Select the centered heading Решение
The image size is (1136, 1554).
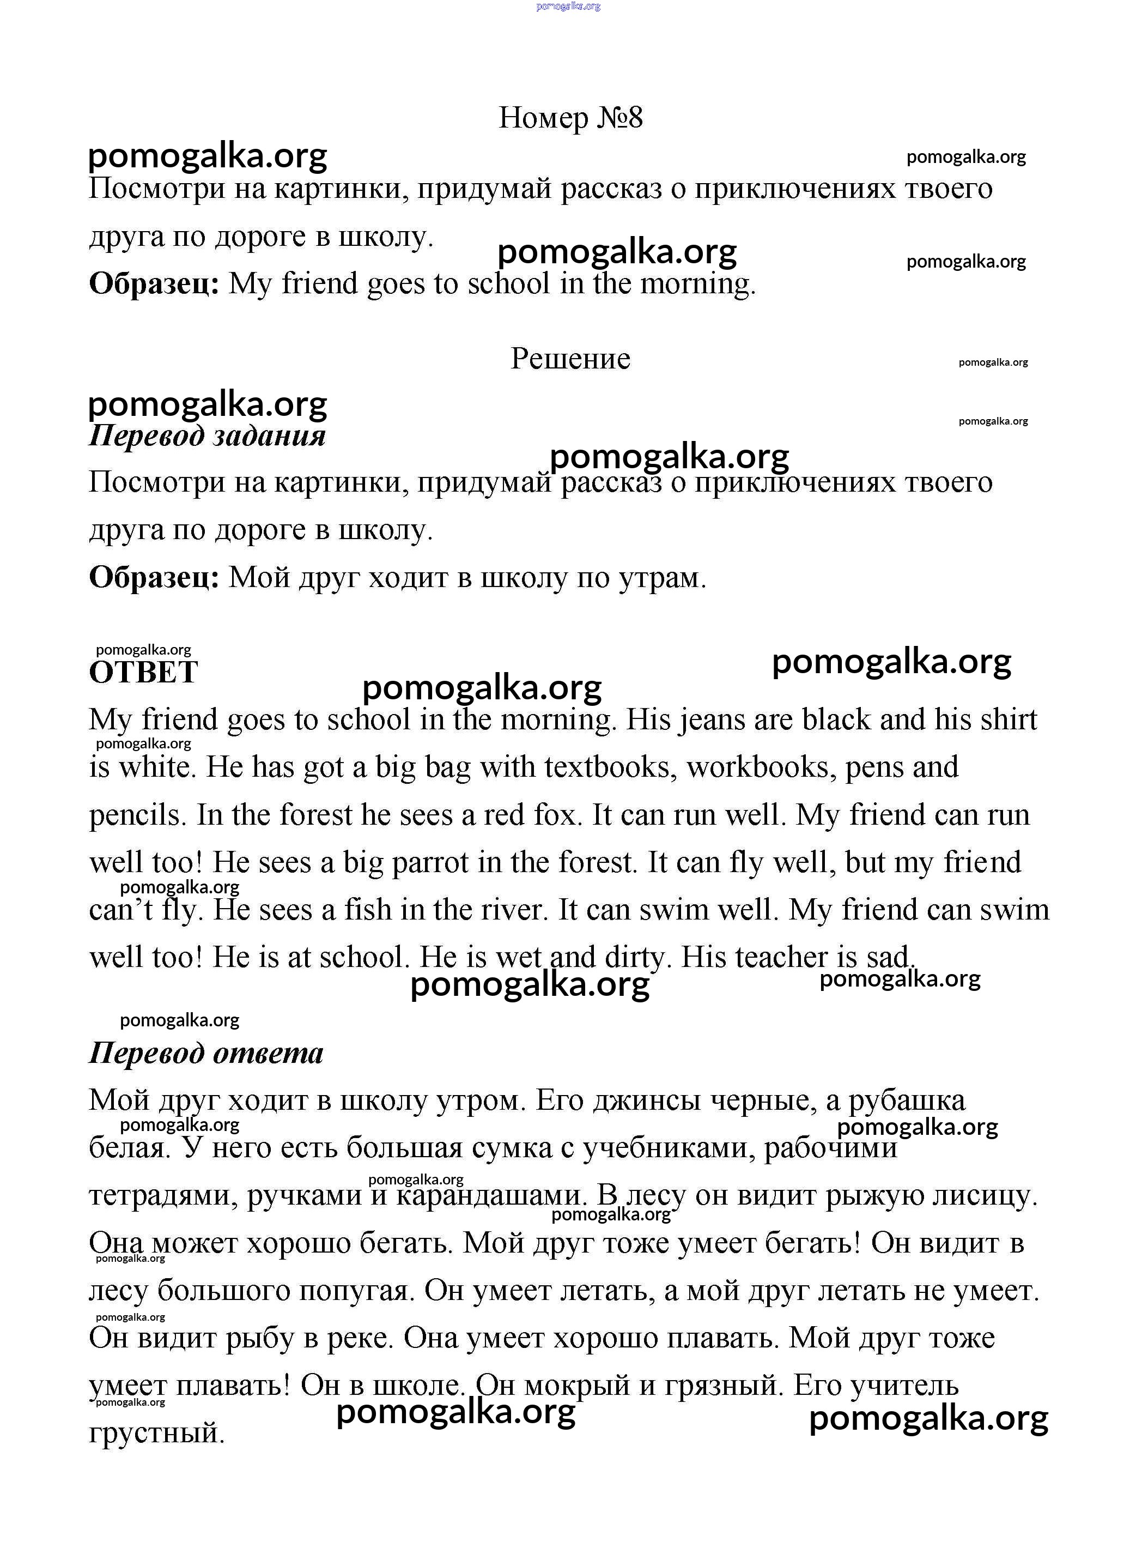(x=570, y=359)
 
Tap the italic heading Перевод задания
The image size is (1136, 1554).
(x=207, y=436)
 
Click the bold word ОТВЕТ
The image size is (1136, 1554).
(x=144, y=672)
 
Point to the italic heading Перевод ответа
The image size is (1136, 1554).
(x=205, y=1053)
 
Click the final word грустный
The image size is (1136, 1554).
(x=157, y=1433)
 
